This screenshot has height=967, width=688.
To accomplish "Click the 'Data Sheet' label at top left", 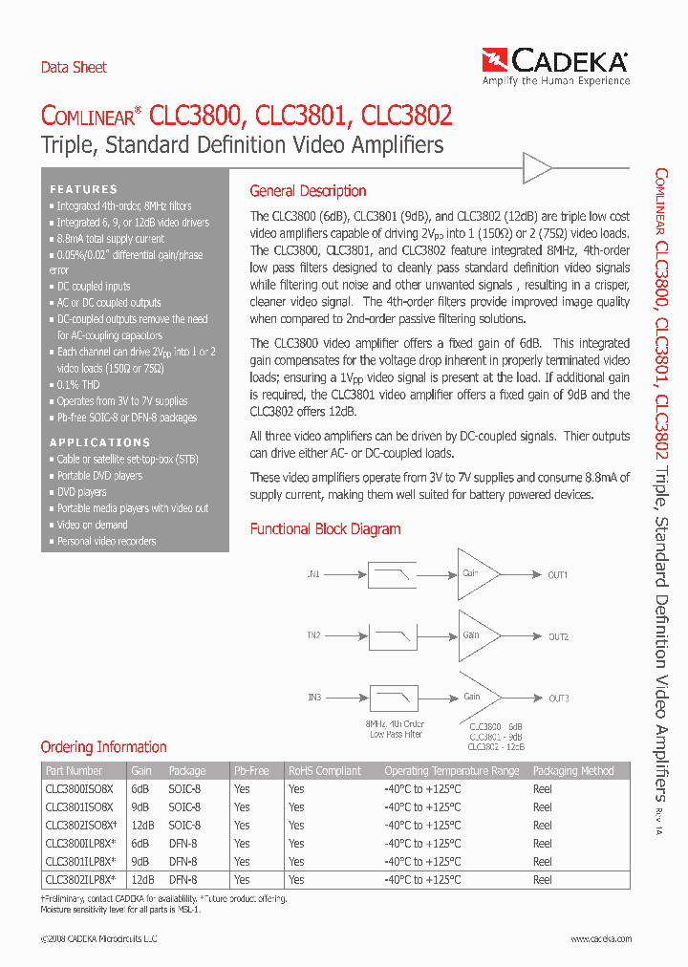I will [x=74, y=68].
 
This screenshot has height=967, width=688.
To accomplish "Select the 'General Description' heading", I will [x=308, y=191].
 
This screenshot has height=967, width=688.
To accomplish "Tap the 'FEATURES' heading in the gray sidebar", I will [x=84, y=189].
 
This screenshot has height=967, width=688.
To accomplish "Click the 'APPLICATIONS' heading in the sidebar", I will [x=99, y=442].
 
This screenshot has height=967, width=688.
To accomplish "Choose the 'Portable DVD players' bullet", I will [x=98, y=476].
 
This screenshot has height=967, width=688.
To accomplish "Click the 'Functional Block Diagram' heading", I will [x=325, y=529].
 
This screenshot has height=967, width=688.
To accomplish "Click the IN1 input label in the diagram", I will [x=313, y=575].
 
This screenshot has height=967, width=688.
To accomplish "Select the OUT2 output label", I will [x=558, y=637].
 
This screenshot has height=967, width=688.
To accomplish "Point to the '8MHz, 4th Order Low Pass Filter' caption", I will [x=395, y=729].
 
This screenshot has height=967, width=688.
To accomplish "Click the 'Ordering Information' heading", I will [x=103, y=747].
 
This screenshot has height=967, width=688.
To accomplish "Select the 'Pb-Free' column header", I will [x=251, y=771].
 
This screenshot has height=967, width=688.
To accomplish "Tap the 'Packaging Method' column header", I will [x=572, y=771].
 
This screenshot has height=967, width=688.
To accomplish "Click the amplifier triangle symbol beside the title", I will [x=536, y=170].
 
